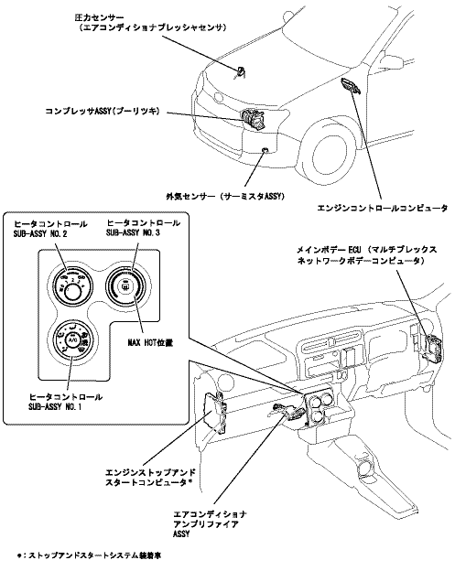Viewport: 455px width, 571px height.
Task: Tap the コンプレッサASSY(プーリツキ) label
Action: [x=103, y=111]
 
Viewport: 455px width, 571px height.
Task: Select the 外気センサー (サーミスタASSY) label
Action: [x=225, y=196]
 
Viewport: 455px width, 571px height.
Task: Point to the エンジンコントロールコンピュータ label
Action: [x=382, y=209]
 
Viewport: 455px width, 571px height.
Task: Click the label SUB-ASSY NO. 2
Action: [x=40, y=233]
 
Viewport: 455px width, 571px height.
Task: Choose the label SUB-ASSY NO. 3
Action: [x=133, y=232]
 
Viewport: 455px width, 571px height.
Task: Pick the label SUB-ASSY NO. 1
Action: [x=55, y=406]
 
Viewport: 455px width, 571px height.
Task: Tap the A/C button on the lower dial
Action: [x=71, y=339]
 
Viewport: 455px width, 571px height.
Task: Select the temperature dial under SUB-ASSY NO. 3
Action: [x=126, y=286]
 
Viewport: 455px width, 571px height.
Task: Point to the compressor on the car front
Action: [x=254, y=119]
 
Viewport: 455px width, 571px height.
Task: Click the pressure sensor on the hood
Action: [x=240, y=70]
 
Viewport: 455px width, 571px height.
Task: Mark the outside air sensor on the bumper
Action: [x=265, y=150]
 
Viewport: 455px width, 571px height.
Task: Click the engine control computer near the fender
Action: [x=350, y=85]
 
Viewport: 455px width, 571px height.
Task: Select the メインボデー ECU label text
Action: [x=366, y=255]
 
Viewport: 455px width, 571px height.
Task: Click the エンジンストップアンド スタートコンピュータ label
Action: [x=150, y=478]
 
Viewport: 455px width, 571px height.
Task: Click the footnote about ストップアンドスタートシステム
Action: [x=89, y=555]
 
